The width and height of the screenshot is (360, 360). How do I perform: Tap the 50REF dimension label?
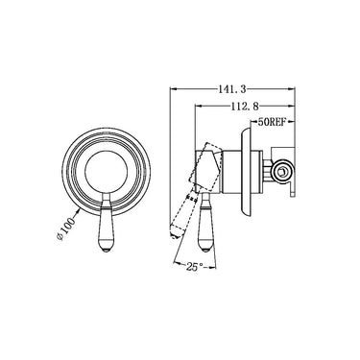click(x=274, y=123)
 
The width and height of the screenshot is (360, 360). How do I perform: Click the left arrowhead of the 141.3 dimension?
click(x=173, y=91)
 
